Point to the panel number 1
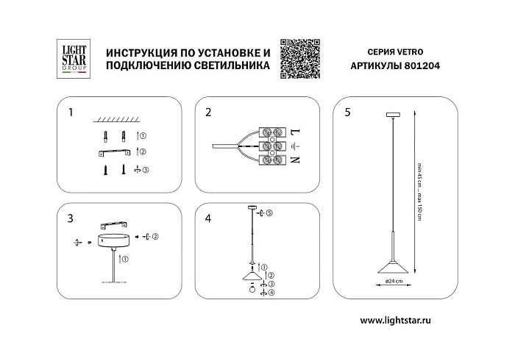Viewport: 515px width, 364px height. (70, 113)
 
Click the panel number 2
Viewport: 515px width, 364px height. (208, 113)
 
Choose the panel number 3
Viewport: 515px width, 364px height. (70, 218)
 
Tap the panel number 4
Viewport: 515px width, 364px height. (208, 218)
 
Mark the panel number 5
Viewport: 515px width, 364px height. (347, 113)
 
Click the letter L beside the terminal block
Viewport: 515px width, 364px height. (296, 132)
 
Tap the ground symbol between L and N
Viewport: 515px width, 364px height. (296, 146)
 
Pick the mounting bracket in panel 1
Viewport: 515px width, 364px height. (115, 152)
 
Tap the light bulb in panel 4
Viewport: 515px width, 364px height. (252, 289)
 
